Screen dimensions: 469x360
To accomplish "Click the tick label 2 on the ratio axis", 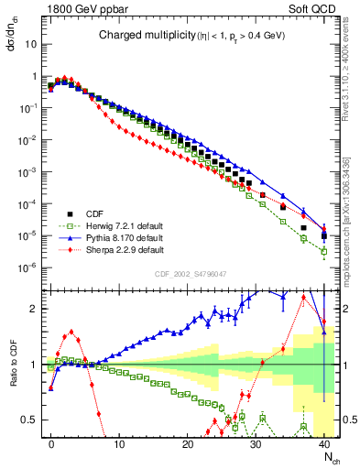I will coord(36,309).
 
